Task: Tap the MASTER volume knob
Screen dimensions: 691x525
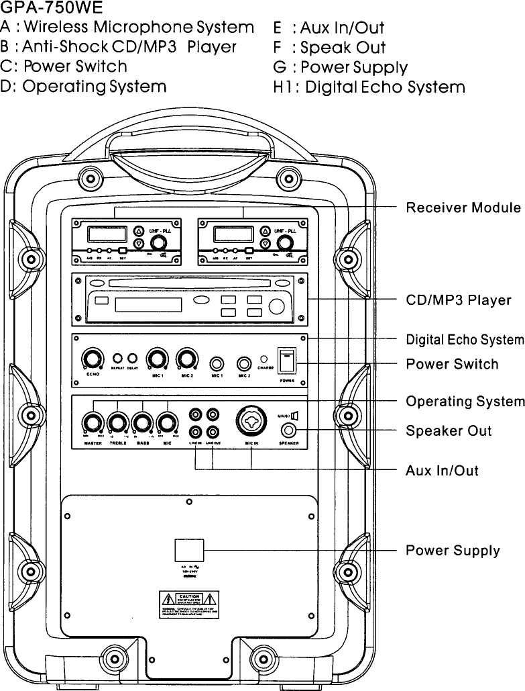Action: point(92,424)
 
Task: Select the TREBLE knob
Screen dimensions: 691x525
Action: point(117,424)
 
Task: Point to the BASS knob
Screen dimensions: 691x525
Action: point(142,424)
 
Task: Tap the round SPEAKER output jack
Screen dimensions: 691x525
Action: point(289,431)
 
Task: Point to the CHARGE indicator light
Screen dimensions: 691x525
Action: point(264,359)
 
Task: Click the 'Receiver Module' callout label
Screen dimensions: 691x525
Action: point(463,208)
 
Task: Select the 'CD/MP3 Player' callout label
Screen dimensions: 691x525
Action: point(459,300)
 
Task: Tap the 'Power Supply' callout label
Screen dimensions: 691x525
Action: point(453,551)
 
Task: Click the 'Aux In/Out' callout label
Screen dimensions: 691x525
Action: point(442,470)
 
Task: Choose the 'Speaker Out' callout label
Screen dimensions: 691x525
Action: point(449,430)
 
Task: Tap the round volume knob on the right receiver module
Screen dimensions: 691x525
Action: point(286,243)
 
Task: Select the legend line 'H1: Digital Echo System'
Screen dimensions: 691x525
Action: point(369,87)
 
